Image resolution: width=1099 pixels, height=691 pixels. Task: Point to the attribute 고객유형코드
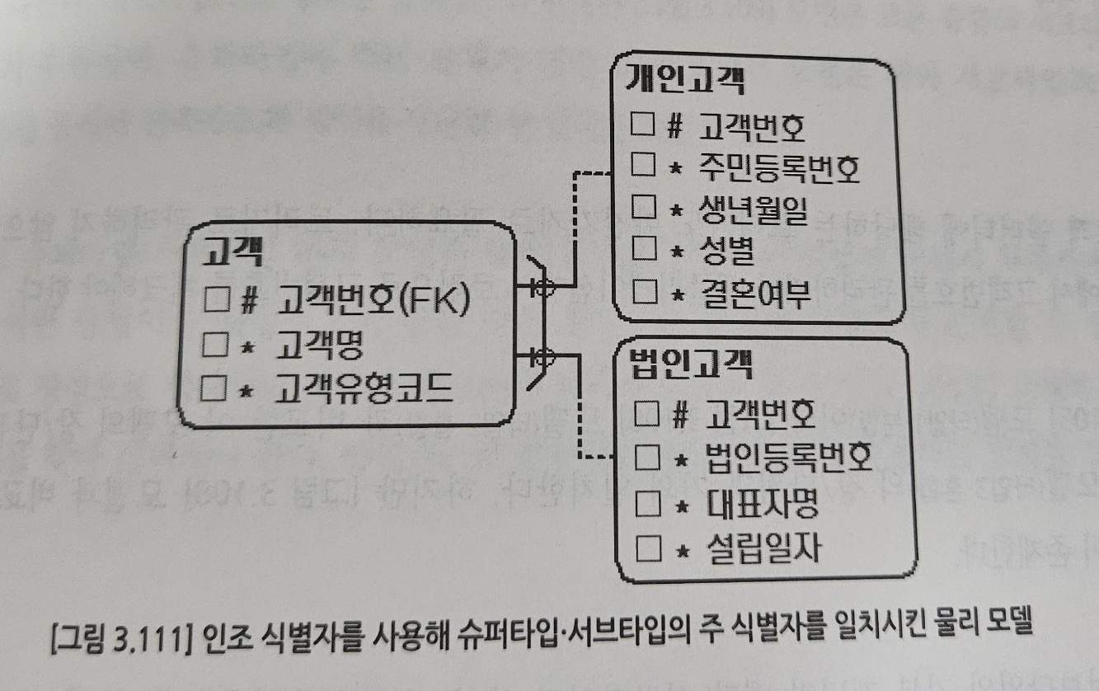pos(366,388)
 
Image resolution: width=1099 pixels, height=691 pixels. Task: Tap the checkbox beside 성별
pos(642,251)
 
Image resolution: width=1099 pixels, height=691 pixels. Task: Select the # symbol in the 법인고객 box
pos(680,411)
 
